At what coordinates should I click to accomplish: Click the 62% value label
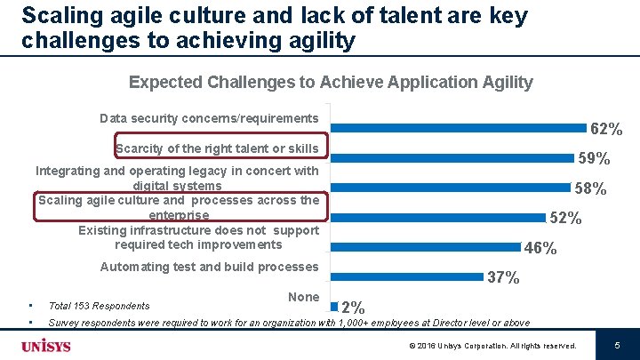pyautogui.click(x=606, y=130)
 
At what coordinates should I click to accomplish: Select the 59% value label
pyautogui.click(x=594, y=159)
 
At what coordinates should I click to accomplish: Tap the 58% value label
pyautogui.click(x=590, y=188)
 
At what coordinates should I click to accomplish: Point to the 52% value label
pyautogui.click(x=565, y=218)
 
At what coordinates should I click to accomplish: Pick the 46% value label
pyautogui.click(x=540, y=248)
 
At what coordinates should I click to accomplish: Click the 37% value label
pyautogui.click(x=503, y=277)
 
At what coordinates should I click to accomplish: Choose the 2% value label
pyautogui.click(x=351, y=307)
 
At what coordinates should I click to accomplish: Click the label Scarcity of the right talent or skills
pyautogui.click(x=217, y=148)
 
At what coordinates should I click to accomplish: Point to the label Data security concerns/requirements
pyautogui.click(x=209, y=118)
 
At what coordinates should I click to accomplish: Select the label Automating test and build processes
pyautogui.click(x=209, y=267)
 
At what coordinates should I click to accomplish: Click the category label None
pyautogui.click(x=304, y=296)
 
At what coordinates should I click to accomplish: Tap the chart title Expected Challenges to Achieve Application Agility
pyautogui.click(x=331, y=83)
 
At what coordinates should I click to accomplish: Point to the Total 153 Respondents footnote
pyautogui.click(x=99, y=305)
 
